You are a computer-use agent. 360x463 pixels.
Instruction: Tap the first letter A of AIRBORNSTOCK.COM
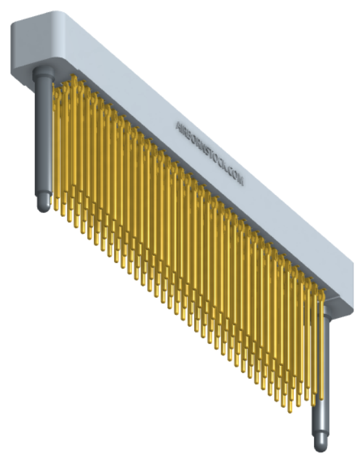[179, 124]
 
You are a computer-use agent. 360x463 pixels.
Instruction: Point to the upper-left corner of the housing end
[14, 23]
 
